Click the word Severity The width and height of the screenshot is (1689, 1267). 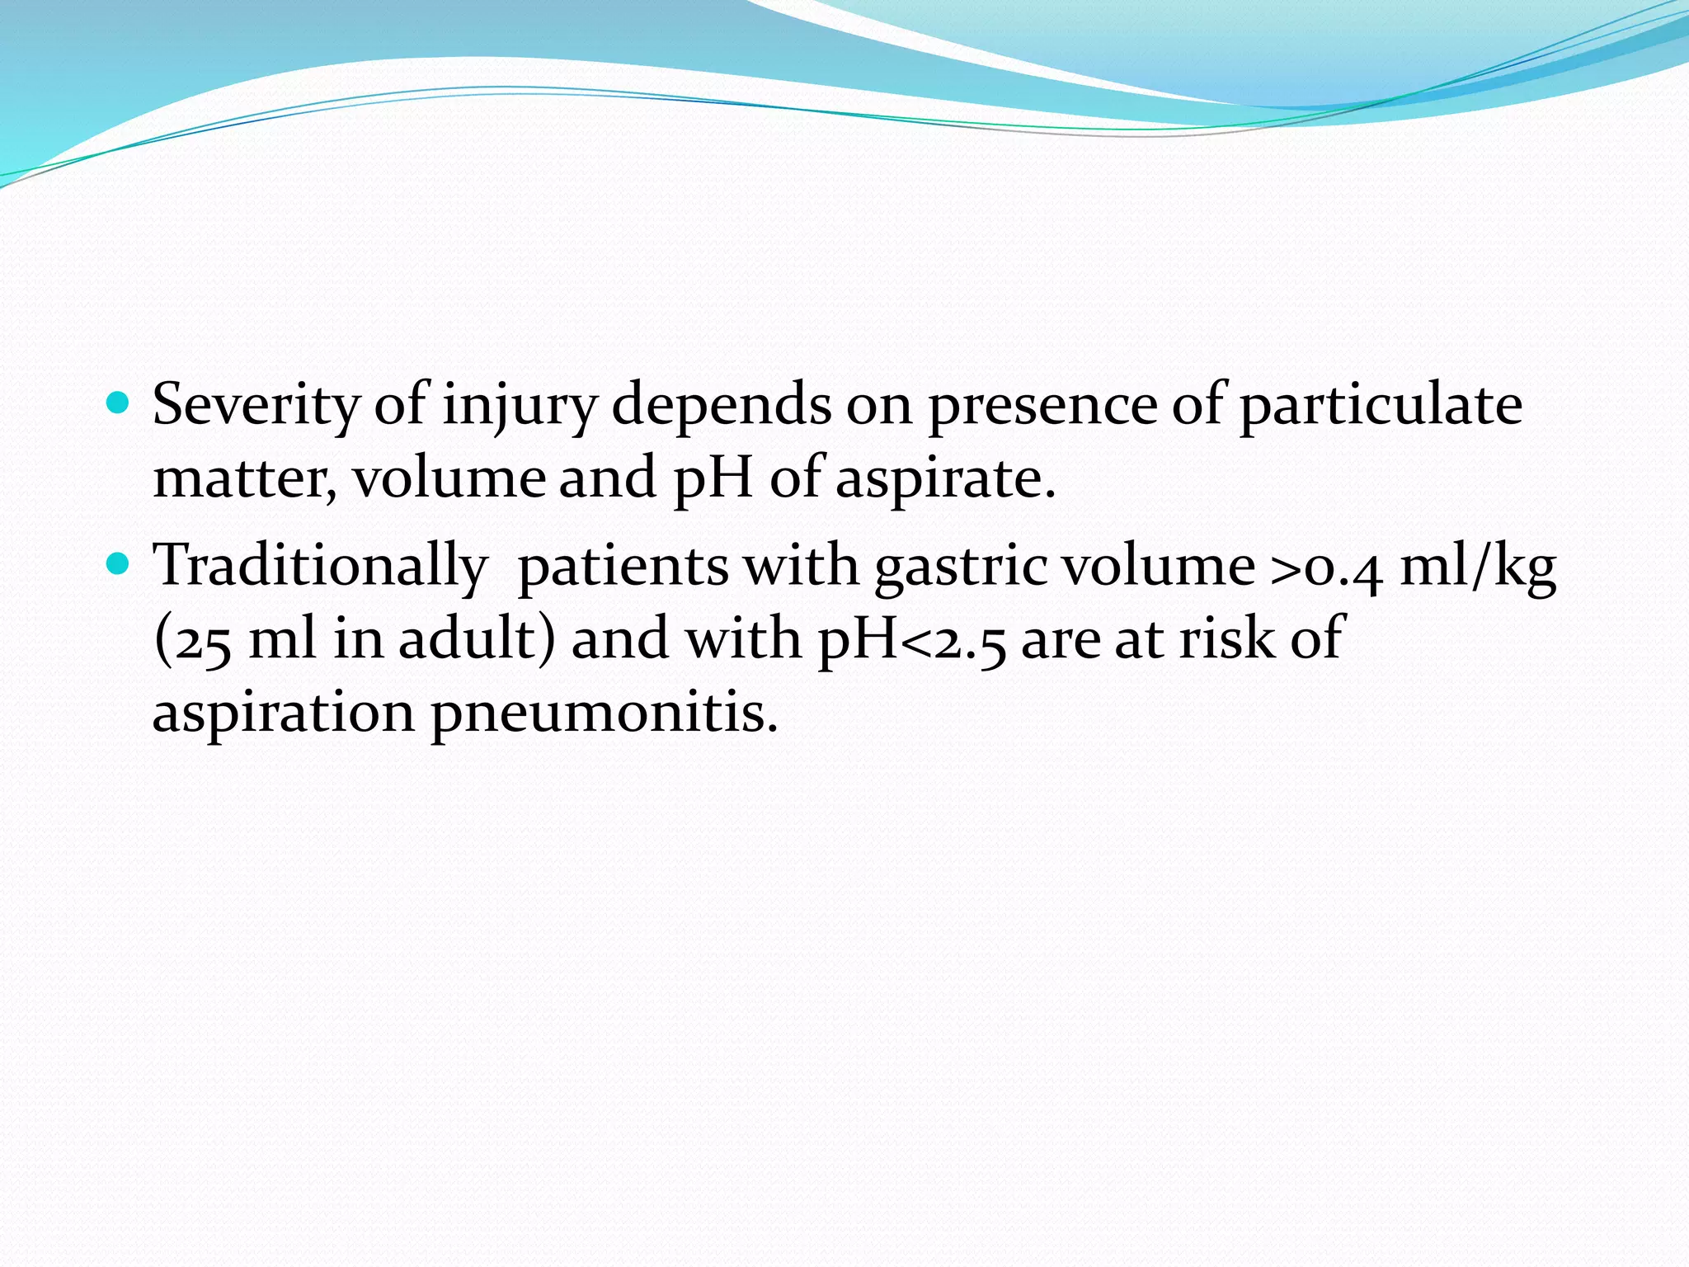(x=256, y=406)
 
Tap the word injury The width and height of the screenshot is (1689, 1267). (x=519, y=406)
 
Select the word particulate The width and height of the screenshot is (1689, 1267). (x=1381, y=406)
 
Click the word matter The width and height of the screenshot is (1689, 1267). (x=244, y=478)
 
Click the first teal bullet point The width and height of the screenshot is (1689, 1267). (x=120, y=403)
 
